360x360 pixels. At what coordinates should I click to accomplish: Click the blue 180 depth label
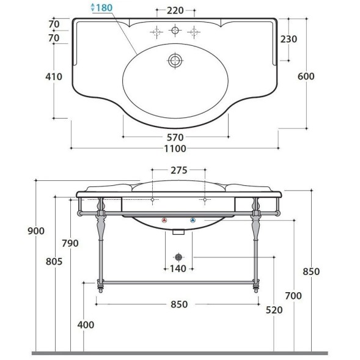coord(104,7)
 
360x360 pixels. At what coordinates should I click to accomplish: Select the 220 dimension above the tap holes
coord(175,10)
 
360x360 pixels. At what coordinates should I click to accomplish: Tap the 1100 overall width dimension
coord(175,149)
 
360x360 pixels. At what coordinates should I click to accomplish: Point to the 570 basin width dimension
coord(175,138)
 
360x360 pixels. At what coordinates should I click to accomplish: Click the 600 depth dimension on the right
coord(306,76)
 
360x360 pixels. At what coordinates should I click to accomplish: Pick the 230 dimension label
coord(288,39)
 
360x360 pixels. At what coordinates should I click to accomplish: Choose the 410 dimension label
coord(54,76)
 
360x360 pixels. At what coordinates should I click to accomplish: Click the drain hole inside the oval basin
coord(175,61)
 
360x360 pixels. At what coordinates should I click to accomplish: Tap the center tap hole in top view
coord(175,31)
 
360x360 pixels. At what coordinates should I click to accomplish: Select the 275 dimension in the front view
coord(179,171)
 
